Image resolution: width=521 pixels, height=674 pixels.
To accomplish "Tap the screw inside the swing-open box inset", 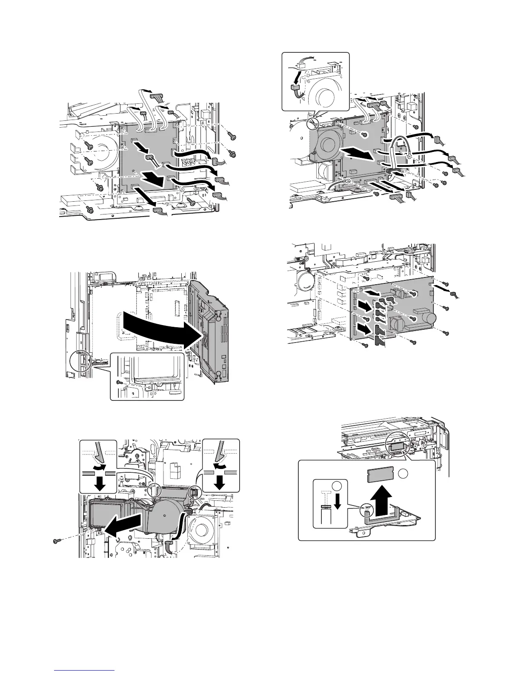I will [120, 383].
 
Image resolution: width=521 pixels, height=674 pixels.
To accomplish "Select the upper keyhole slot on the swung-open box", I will [218, 317].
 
